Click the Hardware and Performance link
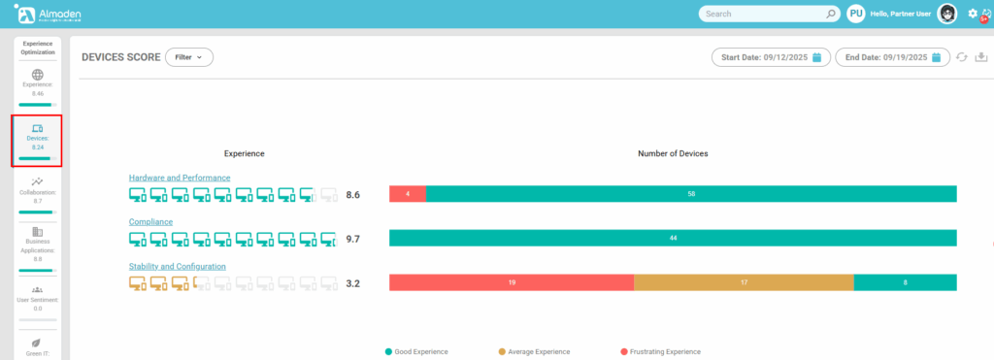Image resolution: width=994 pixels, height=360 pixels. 180,178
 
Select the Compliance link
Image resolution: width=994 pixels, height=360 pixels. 150,222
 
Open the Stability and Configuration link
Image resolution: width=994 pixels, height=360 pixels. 178,266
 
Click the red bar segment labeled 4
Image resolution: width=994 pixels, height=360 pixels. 408,194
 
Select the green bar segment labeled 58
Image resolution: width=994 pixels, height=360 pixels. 691,194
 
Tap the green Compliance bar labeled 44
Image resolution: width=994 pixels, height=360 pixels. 673,238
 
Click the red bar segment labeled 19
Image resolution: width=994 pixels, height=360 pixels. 512,282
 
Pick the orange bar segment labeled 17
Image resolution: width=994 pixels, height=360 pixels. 744,282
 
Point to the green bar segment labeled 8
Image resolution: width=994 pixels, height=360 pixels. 905,282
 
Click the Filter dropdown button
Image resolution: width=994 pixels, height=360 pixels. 188,57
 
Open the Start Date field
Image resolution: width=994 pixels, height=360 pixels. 773,57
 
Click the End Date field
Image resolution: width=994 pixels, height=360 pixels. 892,57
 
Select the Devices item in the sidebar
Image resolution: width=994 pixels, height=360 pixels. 37,140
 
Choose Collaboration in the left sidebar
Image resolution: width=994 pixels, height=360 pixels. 37,191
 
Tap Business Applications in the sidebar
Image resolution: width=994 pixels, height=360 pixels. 37,245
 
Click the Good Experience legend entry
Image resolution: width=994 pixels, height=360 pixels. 420,351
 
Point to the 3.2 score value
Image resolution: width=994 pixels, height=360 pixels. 353,283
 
